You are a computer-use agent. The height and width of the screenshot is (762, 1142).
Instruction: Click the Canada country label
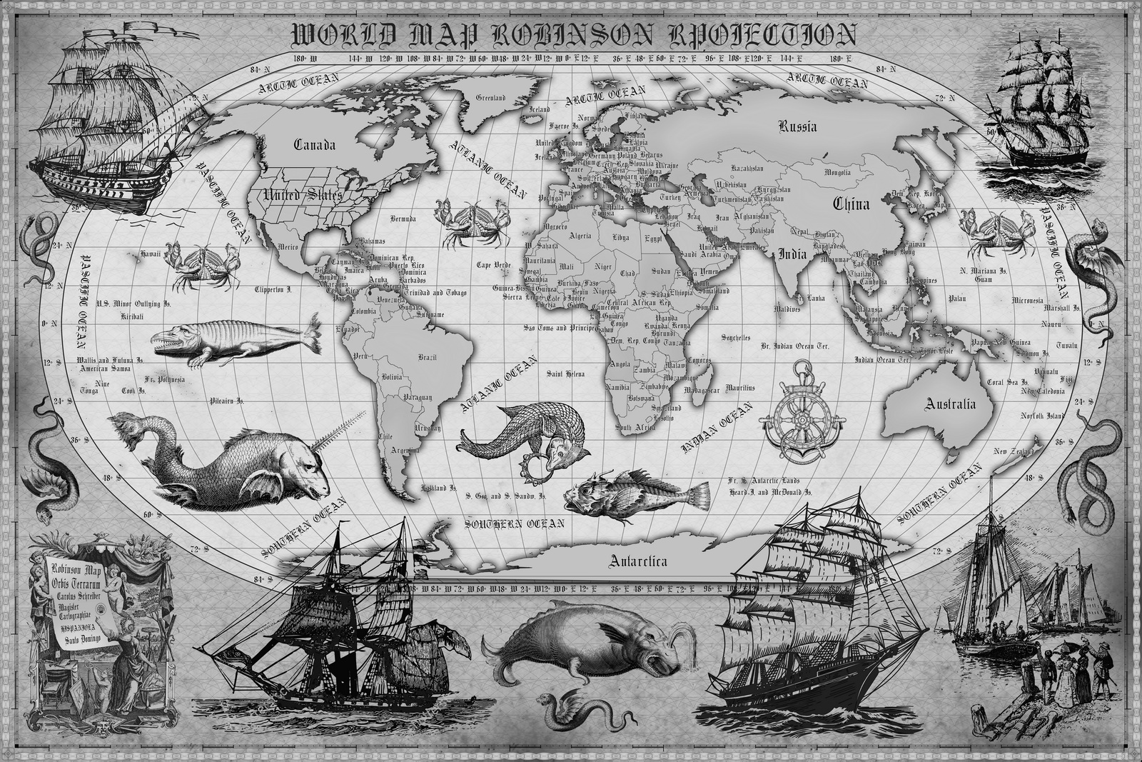coord(315,145)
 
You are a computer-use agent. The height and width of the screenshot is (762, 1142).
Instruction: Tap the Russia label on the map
coord(797,128)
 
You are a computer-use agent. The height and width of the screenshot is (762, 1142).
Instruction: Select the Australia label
coord(949,404)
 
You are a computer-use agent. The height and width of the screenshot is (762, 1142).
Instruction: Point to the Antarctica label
coord(638,561)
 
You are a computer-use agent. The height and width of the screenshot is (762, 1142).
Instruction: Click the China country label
coord(852,204)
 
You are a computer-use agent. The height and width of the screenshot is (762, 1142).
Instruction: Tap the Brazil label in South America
coord(428,357)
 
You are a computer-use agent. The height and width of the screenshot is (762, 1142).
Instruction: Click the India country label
coord(792,254)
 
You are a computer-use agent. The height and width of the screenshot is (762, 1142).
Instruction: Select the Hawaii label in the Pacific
coord(151,254)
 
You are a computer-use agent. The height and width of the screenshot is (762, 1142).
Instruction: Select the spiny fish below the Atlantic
coord(635,493)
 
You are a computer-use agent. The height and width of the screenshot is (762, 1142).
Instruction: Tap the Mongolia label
coord(837,172)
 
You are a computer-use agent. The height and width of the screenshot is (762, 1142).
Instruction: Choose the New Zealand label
coord(1011,451)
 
